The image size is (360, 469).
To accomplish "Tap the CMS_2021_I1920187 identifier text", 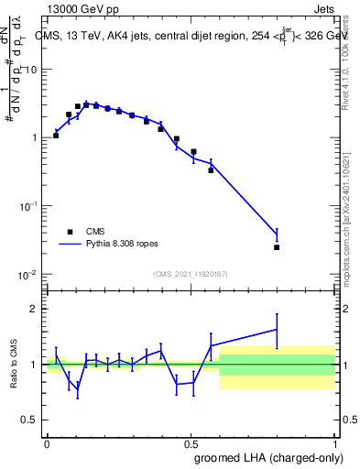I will click(x=190, y=273).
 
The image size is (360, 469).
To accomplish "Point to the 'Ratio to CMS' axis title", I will click(x=14, y=365).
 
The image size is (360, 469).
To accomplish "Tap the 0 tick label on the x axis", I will click(x=47, y=442).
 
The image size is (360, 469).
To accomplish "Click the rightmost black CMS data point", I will click(x=277, y=246).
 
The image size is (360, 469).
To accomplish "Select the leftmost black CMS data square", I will click(x=56, y=135).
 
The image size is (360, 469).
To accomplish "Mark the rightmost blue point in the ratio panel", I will click(x=277, y=329).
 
